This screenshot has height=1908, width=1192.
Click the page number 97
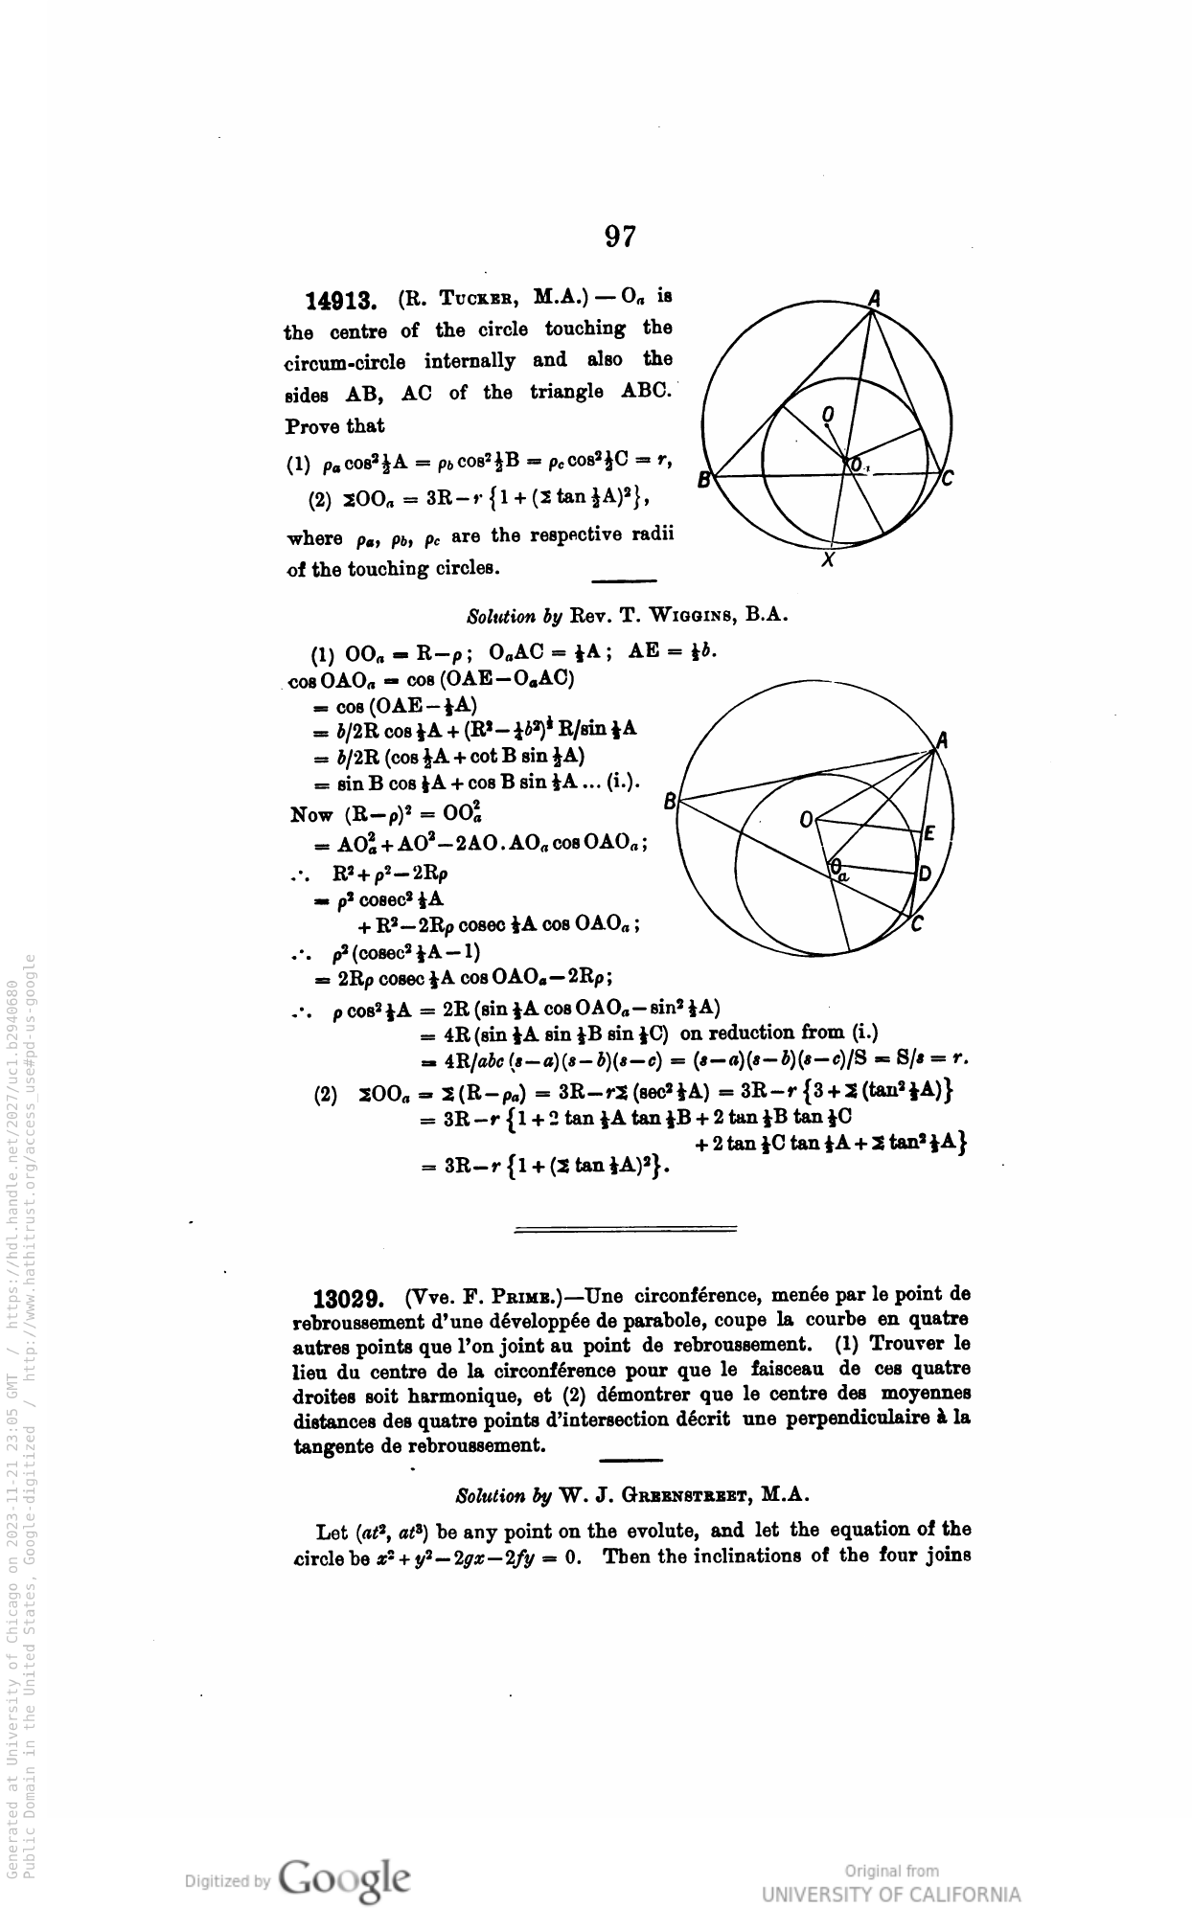pyautogui.click(x=620, y=236)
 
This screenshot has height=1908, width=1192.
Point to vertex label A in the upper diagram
pyautogui.click(x=873, y=298)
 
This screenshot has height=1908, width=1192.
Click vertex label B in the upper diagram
pyautogui.click(x=703, y=479)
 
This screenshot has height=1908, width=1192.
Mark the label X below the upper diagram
pyautogui.click(x=829, y=561)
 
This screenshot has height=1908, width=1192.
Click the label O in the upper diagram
pyautogui.click(x=829, y=414)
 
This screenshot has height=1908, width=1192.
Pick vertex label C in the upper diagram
pyautogui.click(x=947, y=479)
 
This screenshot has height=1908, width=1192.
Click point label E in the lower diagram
pyautogui.click(x=928, y=832)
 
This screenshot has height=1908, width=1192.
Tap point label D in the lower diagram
pyautogui.click(x=925, y=874)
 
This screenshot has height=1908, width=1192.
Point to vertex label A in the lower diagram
pyautogui.click(x=943, y=739)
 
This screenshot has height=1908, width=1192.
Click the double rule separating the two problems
pyautogui.click(x=626, y=1229)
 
